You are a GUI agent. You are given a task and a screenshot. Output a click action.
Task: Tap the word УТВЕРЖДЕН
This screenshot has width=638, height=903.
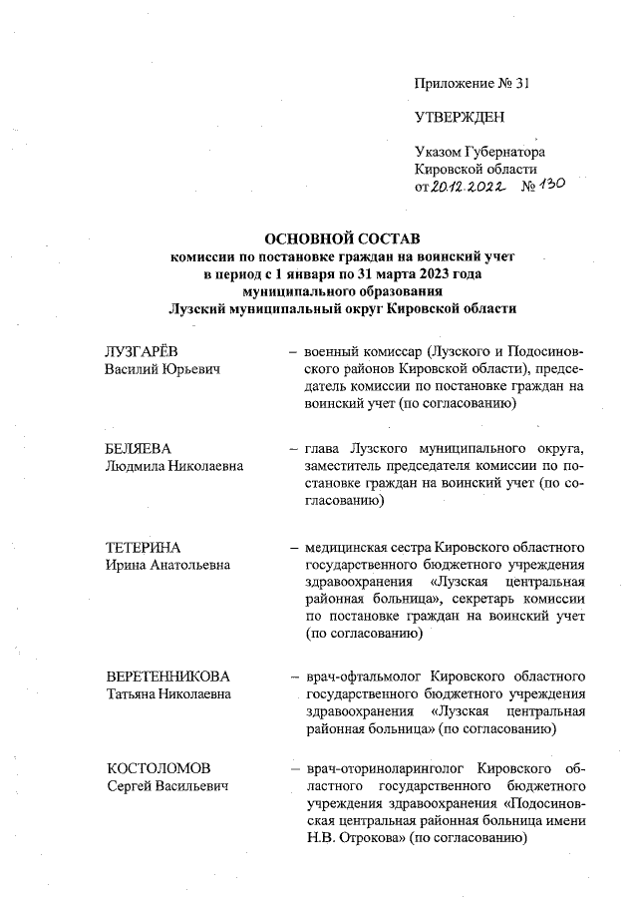click(460, 118)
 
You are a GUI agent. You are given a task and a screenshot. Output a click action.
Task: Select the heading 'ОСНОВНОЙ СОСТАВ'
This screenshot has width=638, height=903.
click(342, 238)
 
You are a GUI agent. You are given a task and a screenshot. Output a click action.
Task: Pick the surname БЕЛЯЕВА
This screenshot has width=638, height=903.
click(141, 451)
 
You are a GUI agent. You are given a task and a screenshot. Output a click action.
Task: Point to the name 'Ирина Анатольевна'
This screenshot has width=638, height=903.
click(167, 566)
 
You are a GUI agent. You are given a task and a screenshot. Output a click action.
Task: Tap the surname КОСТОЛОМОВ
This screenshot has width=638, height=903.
click(159, 770)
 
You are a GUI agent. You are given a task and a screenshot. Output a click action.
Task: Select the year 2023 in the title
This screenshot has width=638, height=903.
click(411, 272)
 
